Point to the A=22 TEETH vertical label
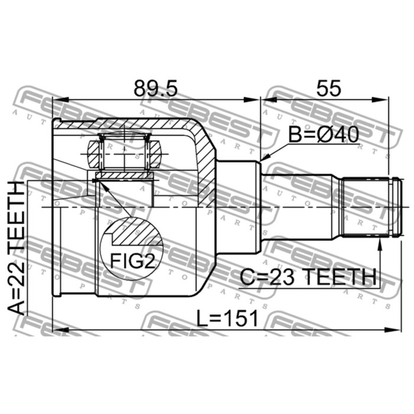(18, 248)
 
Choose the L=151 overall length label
(228, 319)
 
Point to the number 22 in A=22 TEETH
(18, 278)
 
